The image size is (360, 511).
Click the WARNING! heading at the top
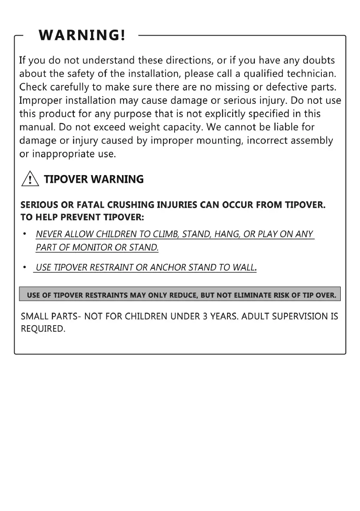[x=82, y=35]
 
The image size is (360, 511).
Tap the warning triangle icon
[x=30, y=179]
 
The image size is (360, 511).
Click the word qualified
[x=262, y=74]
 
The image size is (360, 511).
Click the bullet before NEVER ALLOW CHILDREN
[x=25, y=234]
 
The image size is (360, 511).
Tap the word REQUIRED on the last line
[x=43, y=330]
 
